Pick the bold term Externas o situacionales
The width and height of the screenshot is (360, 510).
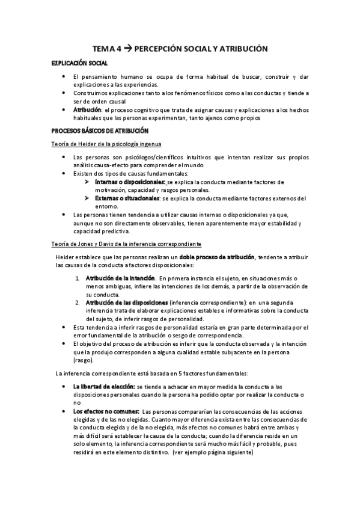click(126, 198)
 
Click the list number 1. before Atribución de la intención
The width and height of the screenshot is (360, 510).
click(78, 278)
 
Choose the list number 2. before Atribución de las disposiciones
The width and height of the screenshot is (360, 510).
click(78, 301)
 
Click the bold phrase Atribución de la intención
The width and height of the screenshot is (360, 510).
click(117, 278)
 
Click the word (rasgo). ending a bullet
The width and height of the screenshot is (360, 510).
click(83, 360)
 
